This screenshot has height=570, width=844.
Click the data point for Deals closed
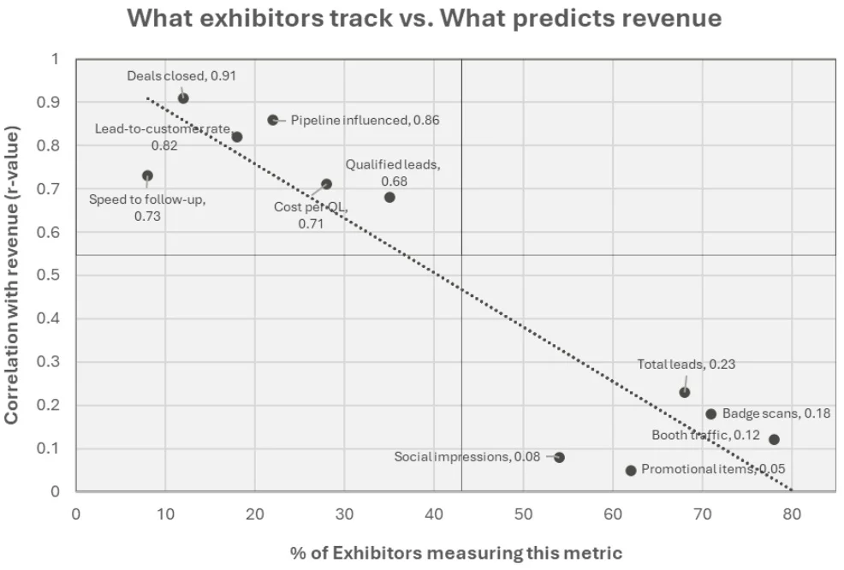tap(183, 98)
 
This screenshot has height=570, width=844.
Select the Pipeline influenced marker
tap(273, 120)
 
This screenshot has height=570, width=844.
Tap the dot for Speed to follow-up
tap(147, 175)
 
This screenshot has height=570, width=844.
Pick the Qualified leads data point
tap(389, 197)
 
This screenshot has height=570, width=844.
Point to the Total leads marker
tap(685, 392)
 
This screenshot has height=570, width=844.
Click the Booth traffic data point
tap(774, 439)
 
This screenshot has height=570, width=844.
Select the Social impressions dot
tap(559, 457)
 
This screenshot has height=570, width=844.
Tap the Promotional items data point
tap(631, 470)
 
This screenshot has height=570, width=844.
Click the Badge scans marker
tap(711, 413)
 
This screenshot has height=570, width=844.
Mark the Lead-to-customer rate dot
tap(237, 137)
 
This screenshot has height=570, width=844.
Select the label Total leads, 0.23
tap(686, 364)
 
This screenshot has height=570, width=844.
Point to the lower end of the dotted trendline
tap(792, 490)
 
